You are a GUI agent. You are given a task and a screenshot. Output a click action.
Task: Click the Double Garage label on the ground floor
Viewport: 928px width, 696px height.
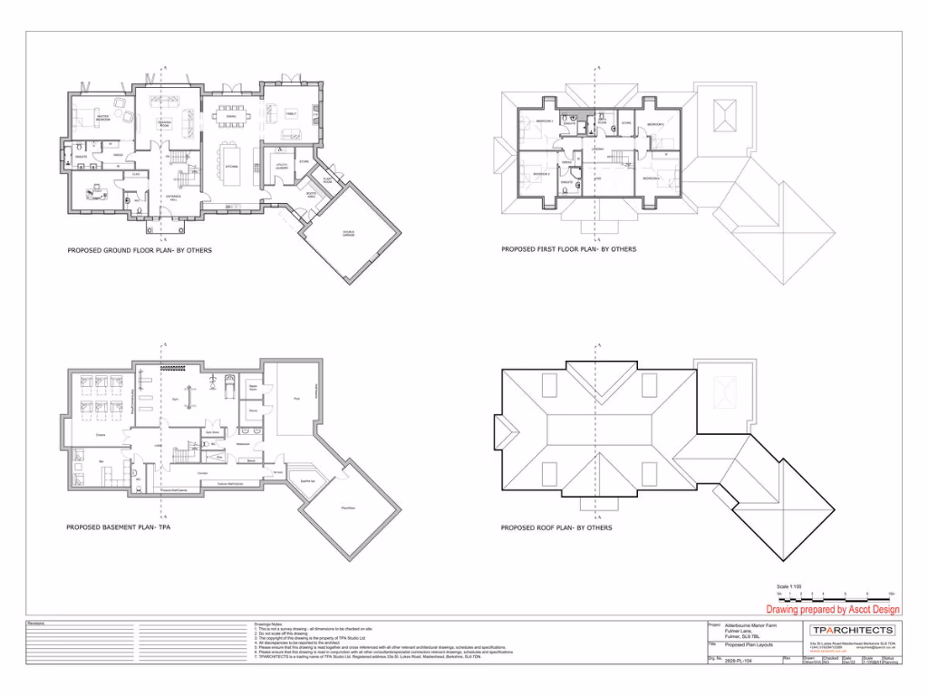click(x=348, y=234)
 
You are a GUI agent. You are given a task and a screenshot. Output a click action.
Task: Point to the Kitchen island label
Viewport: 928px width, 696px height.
click(x=231, y=167)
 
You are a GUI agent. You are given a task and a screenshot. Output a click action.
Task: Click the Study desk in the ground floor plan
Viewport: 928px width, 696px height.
click(x=95, y=191)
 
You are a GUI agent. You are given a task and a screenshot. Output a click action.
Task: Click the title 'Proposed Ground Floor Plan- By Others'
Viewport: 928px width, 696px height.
click(x=140, y=250)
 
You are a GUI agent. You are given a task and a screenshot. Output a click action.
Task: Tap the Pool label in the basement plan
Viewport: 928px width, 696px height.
click(x=295, y=398)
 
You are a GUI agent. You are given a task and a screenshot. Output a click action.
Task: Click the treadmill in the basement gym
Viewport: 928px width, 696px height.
click(x=229, y=384)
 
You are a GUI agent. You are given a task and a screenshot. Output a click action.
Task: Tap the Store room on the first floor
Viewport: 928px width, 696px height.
click(x=625, y=123)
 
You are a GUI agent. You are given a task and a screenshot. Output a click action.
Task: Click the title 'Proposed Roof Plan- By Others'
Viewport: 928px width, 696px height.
click(x=556, y=527)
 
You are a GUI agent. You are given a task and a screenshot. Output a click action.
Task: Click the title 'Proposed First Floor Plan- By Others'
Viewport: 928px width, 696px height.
click(x=569, y=249)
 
